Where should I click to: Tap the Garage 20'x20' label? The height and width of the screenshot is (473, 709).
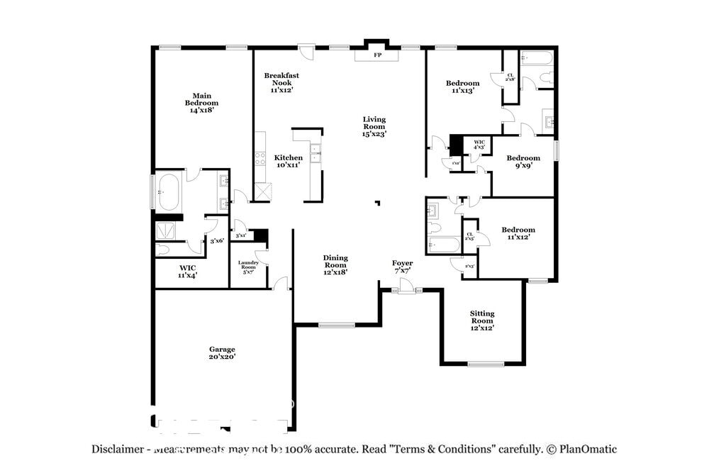(222, 353)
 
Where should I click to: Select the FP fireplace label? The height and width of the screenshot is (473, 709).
(377, 55)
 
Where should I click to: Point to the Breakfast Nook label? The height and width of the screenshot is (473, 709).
(281, 82)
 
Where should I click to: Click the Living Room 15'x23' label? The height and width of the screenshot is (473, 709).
(374, 126)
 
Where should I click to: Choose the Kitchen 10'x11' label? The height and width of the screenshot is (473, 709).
(289, 161)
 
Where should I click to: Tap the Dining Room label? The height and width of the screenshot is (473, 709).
(335, 264)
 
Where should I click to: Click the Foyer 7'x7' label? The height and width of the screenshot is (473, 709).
(402, 267)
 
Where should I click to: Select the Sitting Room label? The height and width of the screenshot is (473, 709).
(482, 320)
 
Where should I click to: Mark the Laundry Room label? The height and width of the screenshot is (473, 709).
(247, 267)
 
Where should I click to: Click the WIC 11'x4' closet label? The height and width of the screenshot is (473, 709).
(187, 271)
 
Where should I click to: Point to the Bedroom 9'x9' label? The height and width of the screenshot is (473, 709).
(523, 162)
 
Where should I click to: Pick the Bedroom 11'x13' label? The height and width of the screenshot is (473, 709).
(462, 87)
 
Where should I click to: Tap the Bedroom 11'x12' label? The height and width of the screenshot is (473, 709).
(518, 233)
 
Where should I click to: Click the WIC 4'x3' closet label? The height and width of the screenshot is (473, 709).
(479, 145)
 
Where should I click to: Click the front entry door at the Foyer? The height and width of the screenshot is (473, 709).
(406, 288)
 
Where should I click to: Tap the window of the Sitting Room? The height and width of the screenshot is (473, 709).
(486, 365)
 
